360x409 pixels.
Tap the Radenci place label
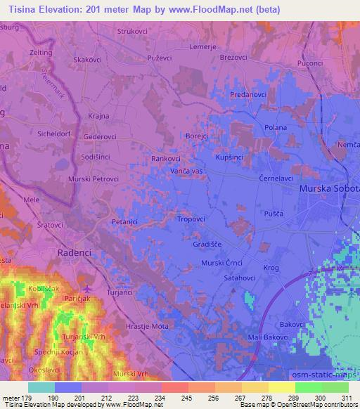point(77,253)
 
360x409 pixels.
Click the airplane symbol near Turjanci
point(86,289)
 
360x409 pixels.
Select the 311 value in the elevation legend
point(348,398)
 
